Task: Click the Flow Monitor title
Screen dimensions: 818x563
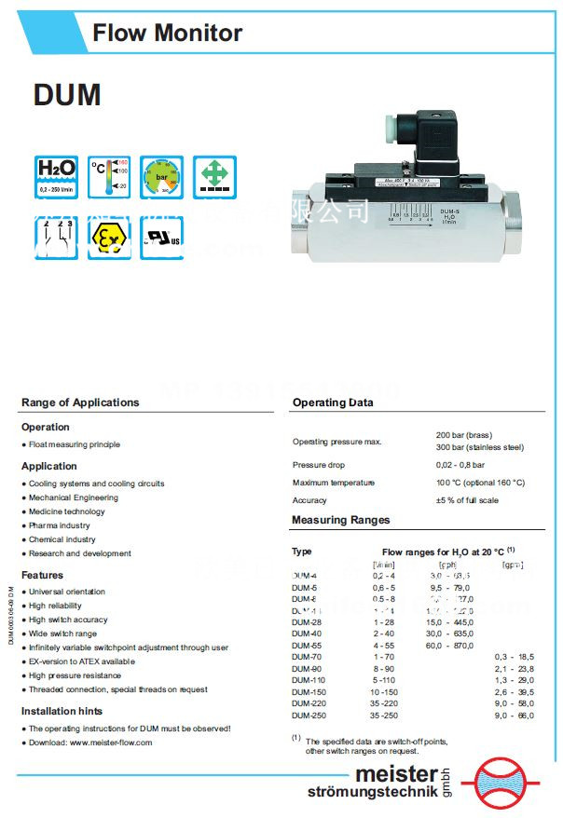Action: pos(167,34)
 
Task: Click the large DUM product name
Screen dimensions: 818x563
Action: pos(66,95)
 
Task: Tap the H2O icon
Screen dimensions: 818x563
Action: pos(56,176)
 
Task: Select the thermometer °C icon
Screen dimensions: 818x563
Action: pos(109,176)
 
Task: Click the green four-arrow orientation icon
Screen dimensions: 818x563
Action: pos(214,176)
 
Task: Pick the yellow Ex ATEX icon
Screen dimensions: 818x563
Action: pos(109,237)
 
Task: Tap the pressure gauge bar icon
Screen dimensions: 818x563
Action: pos(162,176)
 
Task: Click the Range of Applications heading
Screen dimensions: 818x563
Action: pos(80,402)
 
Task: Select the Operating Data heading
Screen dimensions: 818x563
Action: pos(333,402)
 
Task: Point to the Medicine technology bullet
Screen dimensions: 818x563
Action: pos(67,511)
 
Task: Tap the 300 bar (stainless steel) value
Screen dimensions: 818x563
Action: pos(479,447)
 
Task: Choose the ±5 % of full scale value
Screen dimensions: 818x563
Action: pos(467,500)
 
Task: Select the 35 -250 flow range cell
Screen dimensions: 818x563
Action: pos(384,716)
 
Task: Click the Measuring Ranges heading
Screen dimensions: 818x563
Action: pos(340,520)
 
